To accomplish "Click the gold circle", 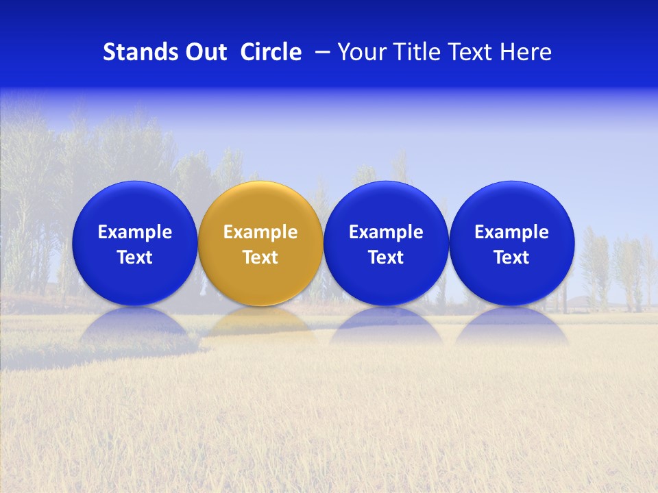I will [x=260, y=243].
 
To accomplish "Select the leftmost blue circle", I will [x=134, y=243].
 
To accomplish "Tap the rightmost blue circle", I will [x=511, y=243].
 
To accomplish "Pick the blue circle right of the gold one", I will [x=386, y=243].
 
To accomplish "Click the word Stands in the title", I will [x=139, y=52].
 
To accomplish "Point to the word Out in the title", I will [x=204, y=52].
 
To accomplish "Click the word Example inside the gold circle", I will [x=260, y=232].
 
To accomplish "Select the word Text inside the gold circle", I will [x=260, y=257].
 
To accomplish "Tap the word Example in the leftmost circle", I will [x=134, y=232].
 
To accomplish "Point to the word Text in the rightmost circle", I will [x=511, y=257].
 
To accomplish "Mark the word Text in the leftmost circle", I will [x=134, y=257].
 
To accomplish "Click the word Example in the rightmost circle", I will [x=511, y=232].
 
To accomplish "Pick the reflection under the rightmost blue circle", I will [x=511, y=325].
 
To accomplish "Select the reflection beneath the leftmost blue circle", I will [x=134, y=325].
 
